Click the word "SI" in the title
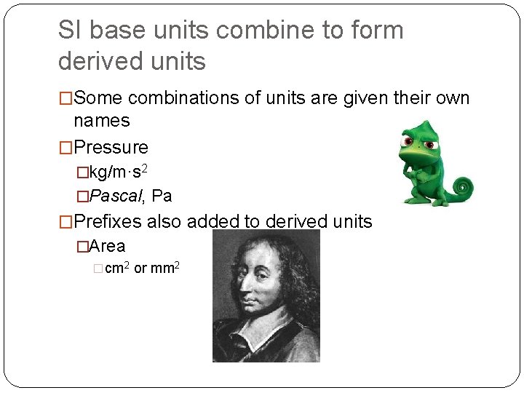coord(71,31)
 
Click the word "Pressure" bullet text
coord(111,148)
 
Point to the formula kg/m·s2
coord(119,173)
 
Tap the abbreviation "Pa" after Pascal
coord(162,196)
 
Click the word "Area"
coord(107,247)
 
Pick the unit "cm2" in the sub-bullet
coord(117,269)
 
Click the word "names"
coord(101,121)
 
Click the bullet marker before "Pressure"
coord(65,148)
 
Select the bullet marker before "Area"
coord(82,247)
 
